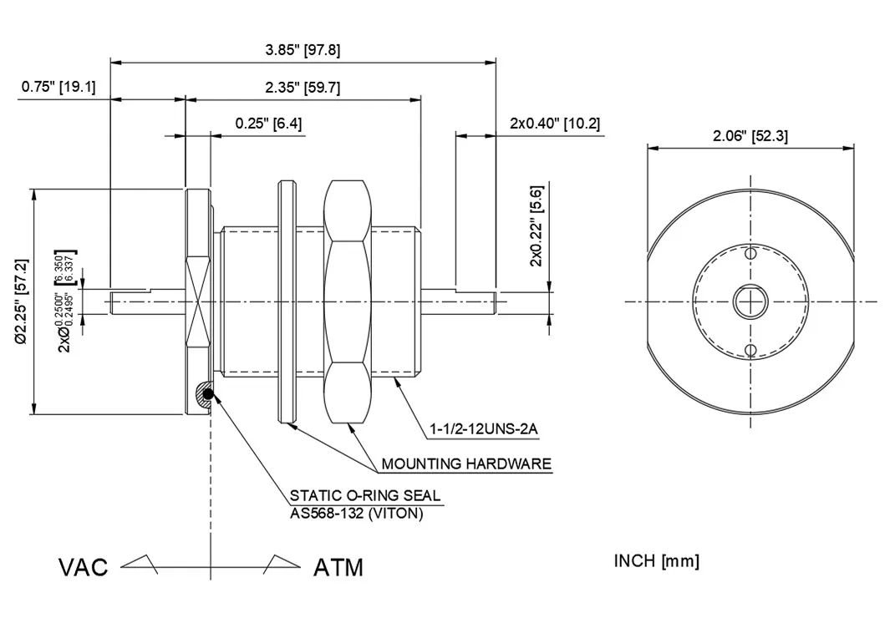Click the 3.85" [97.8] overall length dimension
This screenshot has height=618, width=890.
(303, 50)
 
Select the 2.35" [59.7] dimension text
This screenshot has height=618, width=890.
(303, 88)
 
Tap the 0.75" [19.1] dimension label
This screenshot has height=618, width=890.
(58, 87)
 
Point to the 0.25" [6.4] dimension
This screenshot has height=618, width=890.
(268, 124)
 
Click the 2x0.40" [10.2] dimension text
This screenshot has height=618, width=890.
(554, 124)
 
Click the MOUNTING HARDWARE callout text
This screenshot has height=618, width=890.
(466, 463)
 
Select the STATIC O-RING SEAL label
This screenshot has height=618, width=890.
(364, 496)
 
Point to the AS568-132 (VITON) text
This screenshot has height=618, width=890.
(356, 513)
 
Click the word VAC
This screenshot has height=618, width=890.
(84, 568)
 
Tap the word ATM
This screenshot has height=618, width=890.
(338, 568)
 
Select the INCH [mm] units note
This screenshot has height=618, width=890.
(656, 560)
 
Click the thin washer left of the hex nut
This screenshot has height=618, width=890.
(287, 301)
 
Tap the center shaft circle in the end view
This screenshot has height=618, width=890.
(750, 301)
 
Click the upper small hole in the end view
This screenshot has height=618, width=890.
(750, 253)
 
